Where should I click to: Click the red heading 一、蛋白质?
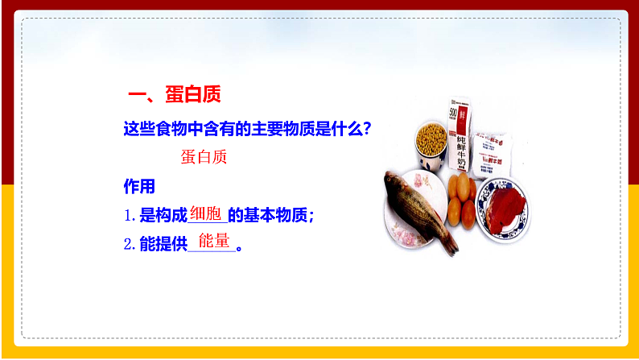point(174,94)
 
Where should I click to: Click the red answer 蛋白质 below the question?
point(204,156)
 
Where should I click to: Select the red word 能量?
point(213,240)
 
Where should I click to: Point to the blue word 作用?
point(138,187)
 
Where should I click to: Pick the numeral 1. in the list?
point(130,216)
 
